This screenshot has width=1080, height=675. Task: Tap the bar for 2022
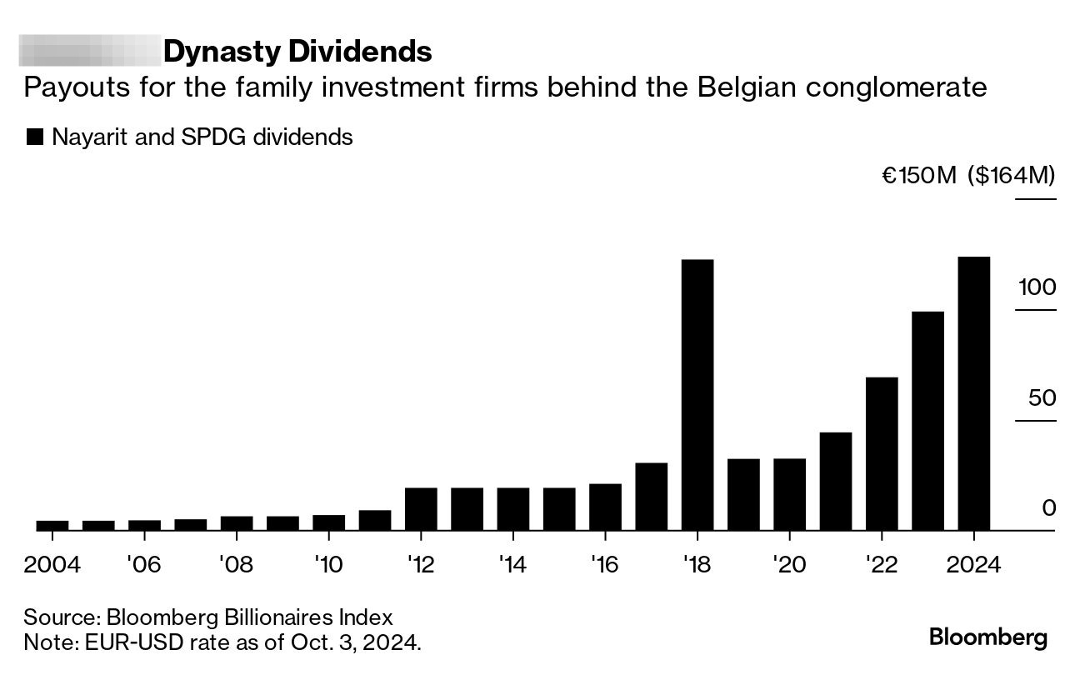(x=882, y=453)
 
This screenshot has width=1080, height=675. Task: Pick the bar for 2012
(x=421, y=508)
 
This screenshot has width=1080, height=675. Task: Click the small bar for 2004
(x=52, y=525)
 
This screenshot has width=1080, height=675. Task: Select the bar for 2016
(x=605, y=507)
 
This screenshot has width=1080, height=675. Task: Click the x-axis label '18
(x=697, y=565)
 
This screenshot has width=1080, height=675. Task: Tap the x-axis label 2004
(x=52, y=565)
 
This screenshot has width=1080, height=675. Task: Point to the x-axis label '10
(x=328, y=565)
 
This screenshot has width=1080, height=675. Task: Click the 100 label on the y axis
(x=1036, y=287)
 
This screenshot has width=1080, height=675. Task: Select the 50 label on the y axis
(x=1042, y=398)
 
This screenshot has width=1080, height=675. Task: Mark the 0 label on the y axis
(x=1048, y=508)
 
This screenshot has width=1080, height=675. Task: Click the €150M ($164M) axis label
(x=968, y=176)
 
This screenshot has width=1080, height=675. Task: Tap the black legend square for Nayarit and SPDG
(x=35, y=137)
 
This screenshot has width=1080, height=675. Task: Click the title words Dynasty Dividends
(x=297, y=52)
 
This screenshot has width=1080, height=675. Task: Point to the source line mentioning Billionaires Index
(x=207, y=618)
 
